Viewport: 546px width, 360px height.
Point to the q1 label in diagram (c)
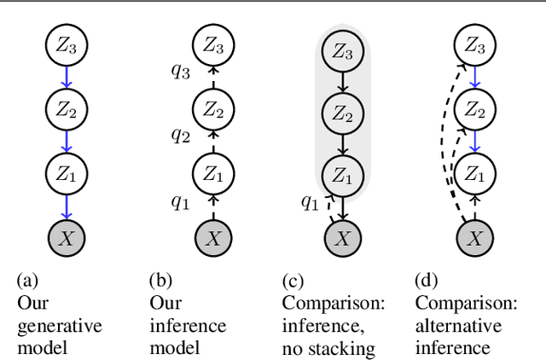tap(311, 204)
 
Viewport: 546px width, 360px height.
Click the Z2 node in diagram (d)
tap(471, 108)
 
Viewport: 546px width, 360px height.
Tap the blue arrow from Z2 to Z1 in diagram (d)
tap(471, 141)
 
